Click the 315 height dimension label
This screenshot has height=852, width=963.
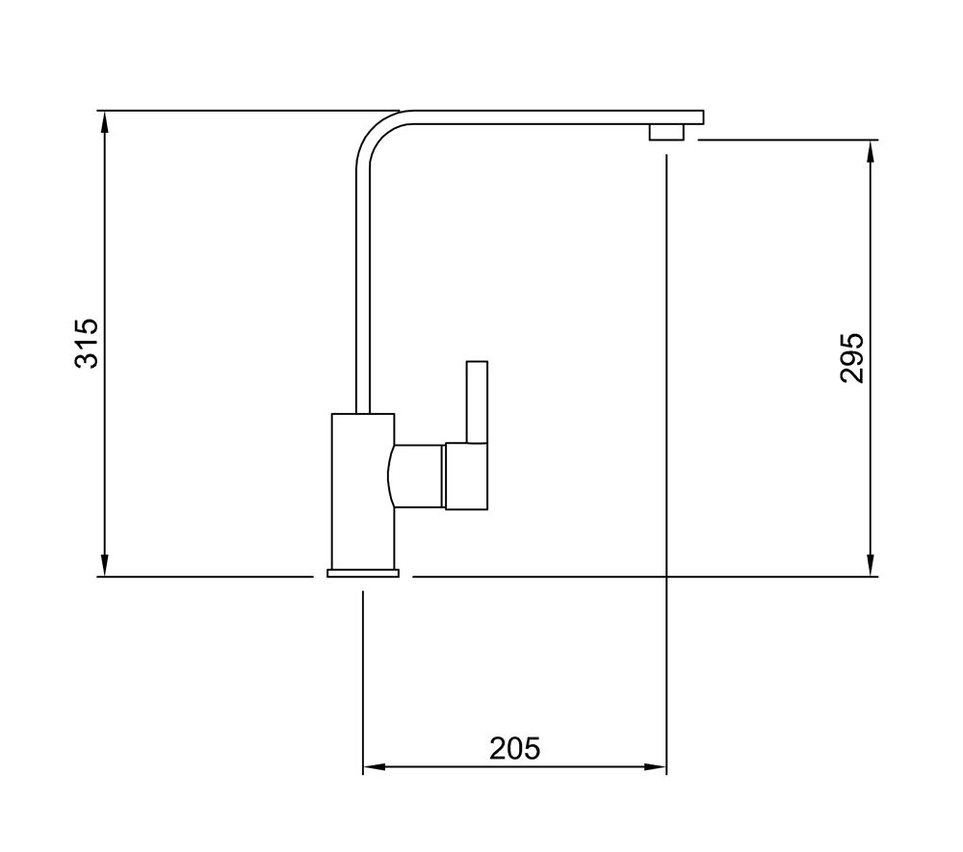click(x=87, y=343)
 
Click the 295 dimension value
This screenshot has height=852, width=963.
click(x=852, y=358)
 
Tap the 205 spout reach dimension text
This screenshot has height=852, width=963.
click(x=514, y=748)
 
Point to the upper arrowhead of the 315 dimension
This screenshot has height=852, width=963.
click(x=105, y=121)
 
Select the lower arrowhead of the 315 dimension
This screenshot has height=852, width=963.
click(x=105, y=566)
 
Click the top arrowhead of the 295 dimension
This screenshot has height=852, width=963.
click(x=871, y=151)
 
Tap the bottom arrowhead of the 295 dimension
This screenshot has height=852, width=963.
click(x=871, y=566)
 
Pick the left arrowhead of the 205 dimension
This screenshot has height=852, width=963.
click(x=374, y=766)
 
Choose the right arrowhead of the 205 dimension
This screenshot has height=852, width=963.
click(x=655, y=766)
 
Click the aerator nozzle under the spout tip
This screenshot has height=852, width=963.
click(x=666, y=132)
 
